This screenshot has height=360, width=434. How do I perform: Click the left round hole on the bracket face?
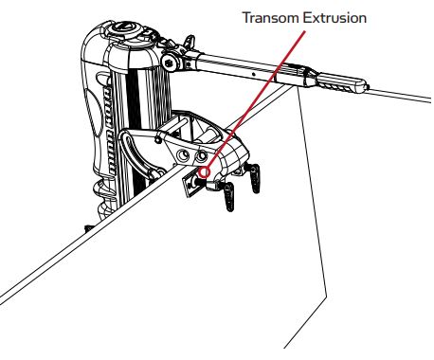pos(181,151)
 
